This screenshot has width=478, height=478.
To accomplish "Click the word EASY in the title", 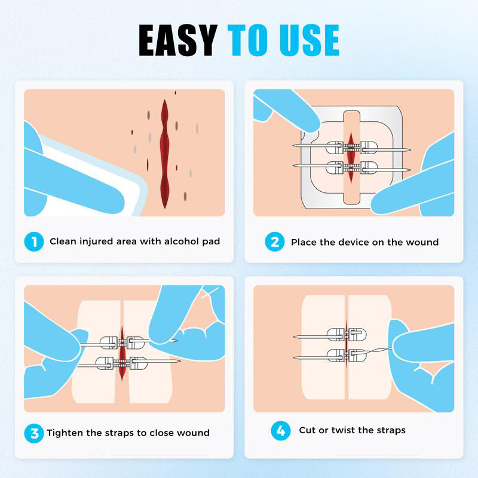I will pyautogui.click(x=177, y=41).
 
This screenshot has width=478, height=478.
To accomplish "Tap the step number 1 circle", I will pyautogui.click(x=34, y=242).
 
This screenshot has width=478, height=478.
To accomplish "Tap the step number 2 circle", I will pyautogui.click(x=275, y=242).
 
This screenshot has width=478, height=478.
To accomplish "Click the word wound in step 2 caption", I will pyautogui.click(x=423, y=242).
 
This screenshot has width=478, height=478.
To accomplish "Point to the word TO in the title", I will pyautogui.click(x=247, y=41).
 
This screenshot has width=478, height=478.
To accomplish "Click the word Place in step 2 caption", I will pyautogui.click(x=304, y=242).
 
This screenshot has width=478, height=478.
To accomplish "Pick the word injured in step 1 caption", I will pyautogui.click(x=97, y=242).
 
